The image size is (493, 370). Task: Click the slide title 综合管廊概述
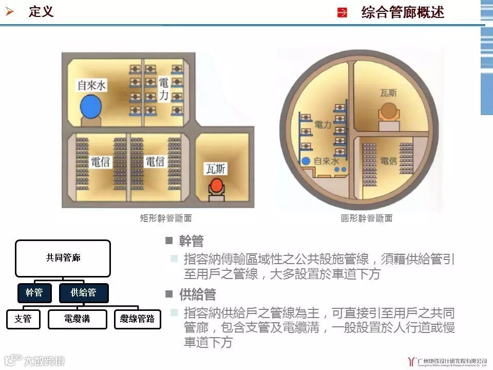click(403, 12)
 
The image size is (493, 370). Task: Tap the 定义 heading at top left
click(41, 11)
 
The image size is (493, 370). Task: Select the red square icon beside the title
click(342, 13)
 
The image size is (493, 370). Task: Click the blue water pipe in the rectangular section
click(90, 107)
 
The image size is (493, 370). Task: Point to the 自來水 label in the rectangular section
click(91, 85)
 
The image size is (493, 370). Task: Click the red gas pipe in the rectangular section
click(218, 184)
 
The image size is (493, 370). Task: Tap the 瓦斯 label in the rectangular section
click(216, 169)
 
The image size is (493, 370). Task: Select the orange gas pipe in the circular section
click(388, 112)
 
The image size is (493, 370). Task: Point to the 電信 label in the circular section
click(389, 161)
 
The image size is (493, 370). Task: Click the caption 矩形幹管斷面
click(166, 218)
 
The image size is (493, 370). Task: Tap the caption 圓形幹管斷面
click(367, 218)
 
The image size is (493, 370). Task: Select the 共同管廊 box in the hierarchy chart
click(63, 258)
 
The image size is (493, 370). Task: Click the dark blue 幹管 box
click(34, 293)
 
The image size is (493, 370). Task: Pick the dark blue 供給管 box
click(83, 293)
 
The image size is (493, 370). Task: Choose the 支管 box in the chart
click(23, 319)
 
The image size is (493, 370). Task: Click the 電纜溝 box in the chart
click(78, 319)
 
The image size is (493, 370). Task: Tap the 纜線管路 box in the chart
click(137, 319)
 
